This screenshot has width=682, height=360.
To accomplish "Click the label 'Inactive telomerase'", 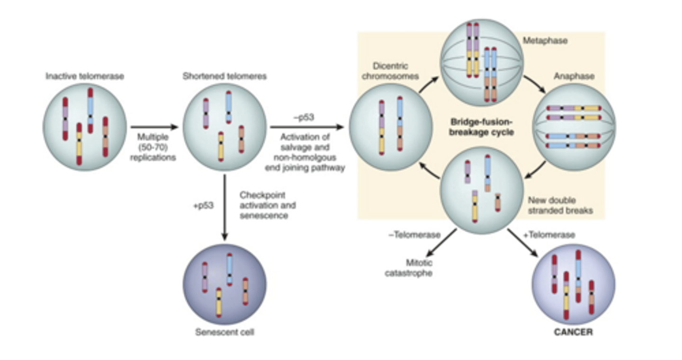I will tap(85, 76).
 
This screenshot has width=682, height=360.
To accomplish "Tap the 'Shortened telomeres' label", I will tap(224, 76).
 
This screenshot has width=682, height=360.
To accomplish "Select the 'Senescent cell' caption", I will tap(224, 332).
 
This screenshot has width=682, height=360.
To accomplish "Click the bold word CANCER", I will tap(573, 332).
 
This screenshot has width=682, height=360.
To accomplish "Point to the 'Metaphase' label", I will tap(545, 41).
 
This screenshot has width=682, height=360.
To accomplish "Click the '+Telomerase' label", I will tap(555, 235).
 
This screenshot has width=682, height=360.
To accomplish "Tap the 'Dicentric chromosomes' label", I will tap(390, 71).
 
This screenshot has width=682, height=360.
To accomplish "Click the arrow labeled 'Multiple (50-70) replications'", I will tap(153, 127).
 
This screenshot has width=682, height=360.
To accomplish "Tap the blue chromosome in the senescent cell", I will tap(230, 269).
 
